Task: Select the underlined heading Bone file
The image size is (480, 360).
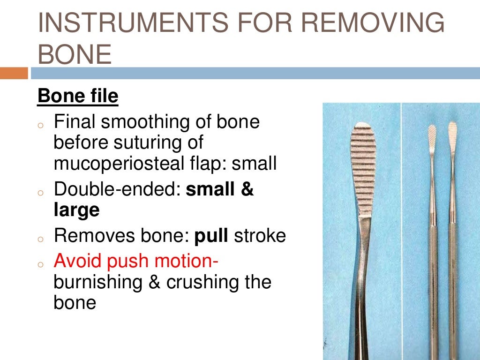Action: pos(78,97)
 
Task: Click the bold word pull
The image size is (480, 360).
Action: pos(211,235)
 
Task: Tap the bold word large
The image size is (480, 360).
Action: pos(77,210)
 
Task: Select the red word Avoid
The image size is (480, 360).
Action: pos(80,260)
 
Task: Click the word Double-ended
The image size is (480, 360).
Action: pos(117,189)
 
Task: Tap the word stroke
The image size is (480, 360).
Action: pos(260,235)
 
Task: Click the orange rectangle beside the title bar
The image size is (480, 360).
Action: pos(14,73)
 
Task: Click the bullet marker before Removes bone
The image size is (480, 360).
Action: pos(41,238)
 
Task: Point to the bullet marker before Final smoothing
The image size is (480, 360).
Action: pos(41,125)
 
